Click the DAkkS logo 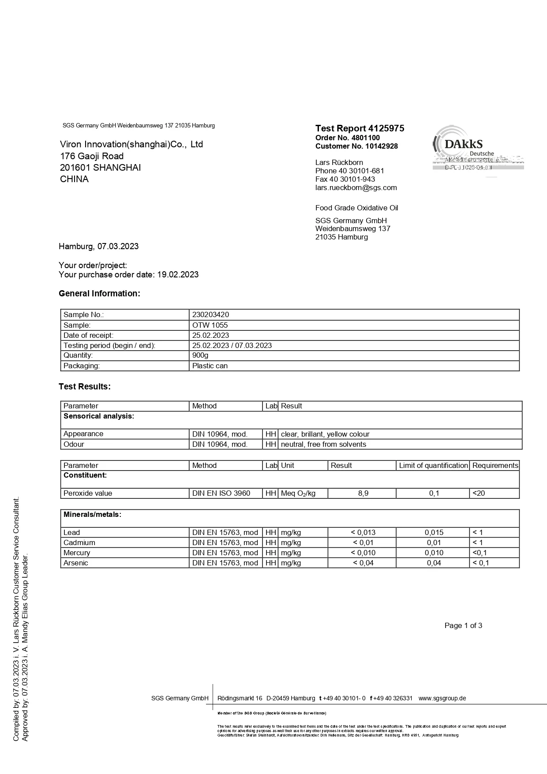point(464,145)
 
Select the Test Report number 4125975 point(360,128)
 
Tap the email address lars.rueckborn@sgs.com point(356,187)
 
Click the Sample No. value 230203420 point(211,315)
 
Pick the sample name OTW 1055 point(210,325)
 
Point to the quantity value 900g point(200,355)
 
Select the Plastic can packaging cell point(210,366)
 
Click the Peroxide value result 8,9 point(363,494)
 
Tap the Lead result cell point(363,532)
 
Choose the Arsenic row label point(76,563)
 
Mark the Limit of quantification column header point(433,465)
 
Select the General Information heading point(99,294)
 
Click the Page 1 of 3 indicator point(463,625)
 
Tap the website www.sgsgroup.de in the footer point(442,698)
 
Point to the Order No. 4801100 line point(348,138)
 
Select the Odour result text point(323,444)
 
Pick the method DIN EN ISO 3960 point(221,494)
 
